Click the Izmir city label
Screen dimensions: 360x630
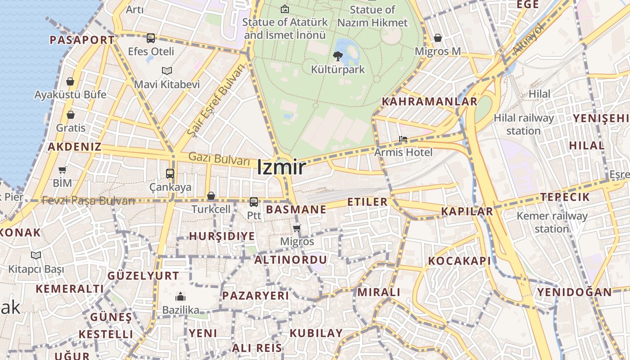281,167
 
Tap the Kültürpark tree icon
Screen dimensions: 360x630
337,56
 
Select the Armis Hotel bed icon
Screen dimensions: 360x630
403,139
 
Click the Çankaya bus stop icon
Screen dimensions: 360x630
170,173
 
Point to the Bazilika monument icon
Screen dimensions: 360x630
180,297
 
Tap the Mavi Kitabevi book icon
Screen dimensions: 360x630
167,71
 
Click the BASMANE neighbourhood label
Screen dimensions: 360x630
296,209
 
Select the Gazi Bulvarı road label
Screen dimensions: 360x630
219,158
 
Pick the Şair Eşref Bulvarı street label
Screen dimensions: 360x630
218,100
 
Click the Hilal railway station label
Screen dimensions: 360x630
524,124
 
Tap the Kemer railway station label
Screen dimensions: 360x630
552,222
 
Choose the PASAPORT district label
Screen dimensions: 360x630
82,40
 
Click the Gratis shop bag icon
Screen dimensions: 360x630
71,115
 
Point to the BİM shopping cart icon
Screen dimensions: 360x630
63,170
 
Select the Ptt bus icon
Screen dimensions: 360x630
254,202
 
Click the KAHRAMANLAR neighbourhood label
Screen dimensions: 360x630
429,101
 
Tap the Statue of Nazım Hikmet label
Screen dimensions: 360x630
373,16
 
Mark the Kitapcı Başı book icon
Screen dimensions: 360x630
36,256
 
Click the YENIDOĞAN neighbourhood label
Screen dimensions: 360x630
574,292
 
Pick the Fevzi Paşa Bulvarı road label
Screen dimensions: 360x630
88,201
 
